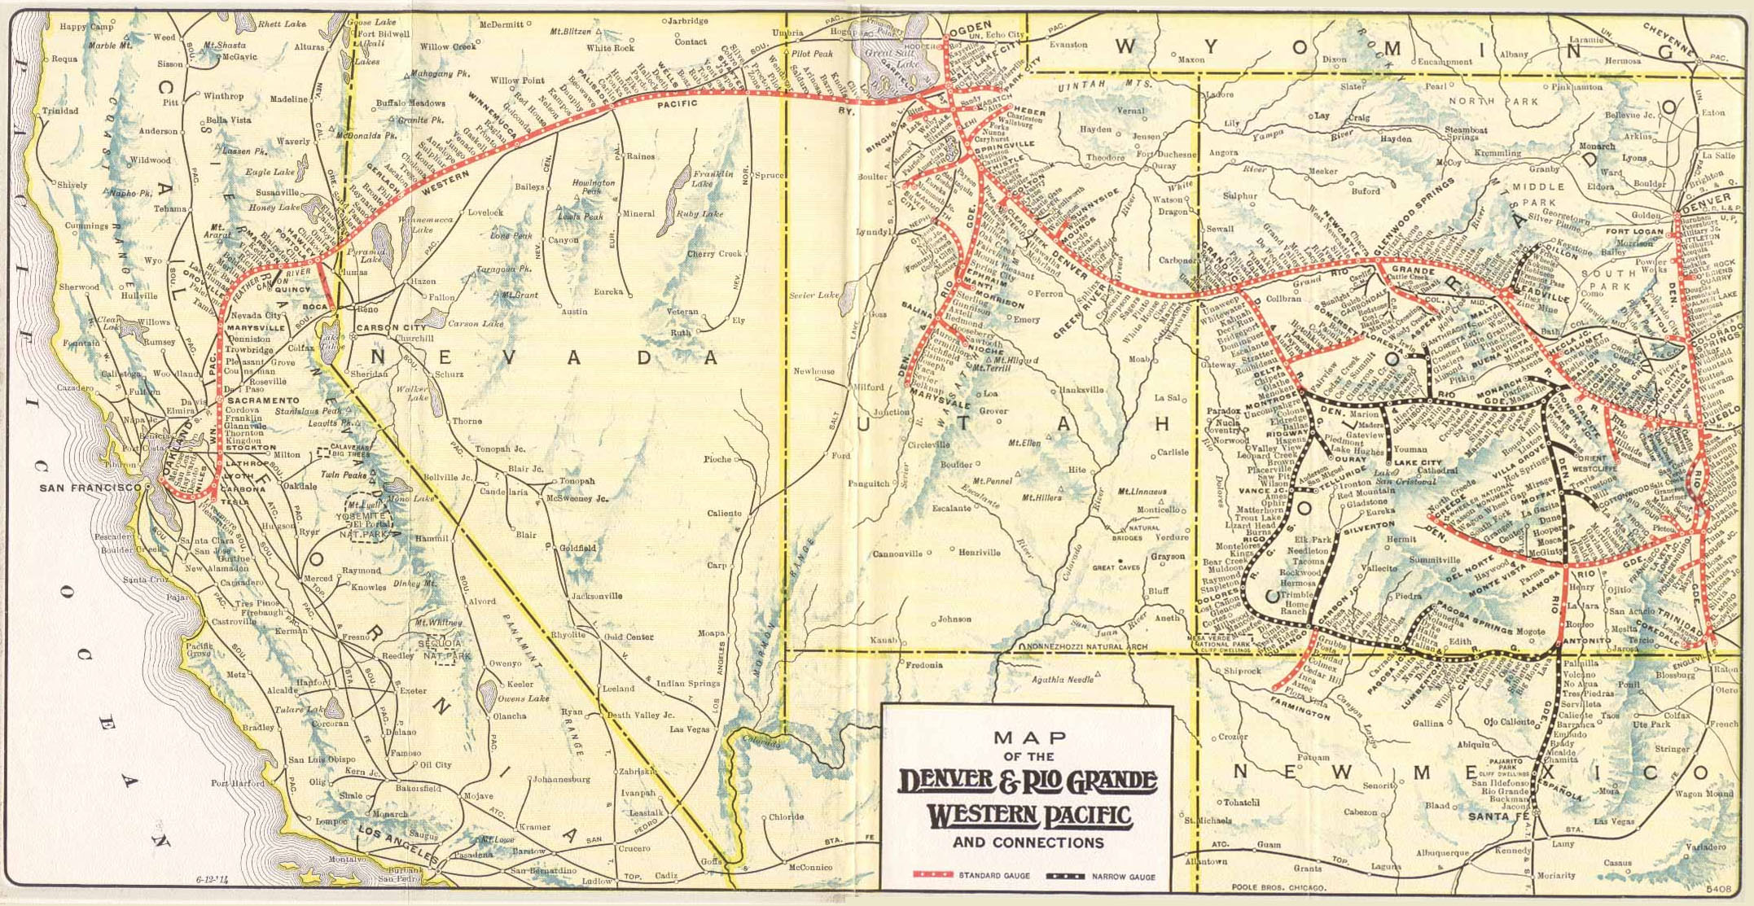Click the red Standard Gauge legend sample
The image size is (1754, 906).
(932, 875)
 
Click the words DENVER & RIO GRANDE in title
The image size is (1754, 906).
(1028, 781)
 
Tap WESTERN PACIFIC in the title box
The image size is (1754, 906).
(1030, 815)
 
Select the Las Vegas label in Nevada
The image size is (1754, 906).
(689, 729)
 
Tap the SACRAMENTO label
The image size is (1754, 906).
(263, 400)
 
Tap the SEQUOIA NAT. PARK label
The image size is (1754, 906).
(442, 649)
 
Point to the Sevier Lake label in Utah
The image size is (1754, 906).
(814, 295)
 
